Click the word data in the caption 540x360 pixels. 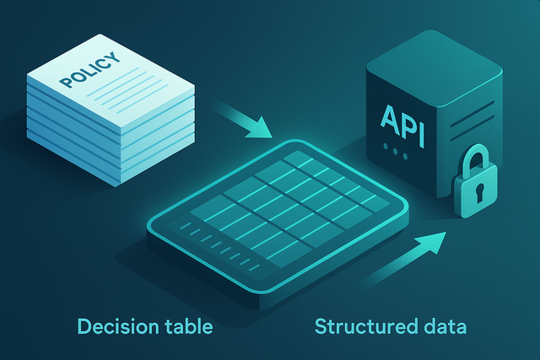[x=440, y=325]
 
